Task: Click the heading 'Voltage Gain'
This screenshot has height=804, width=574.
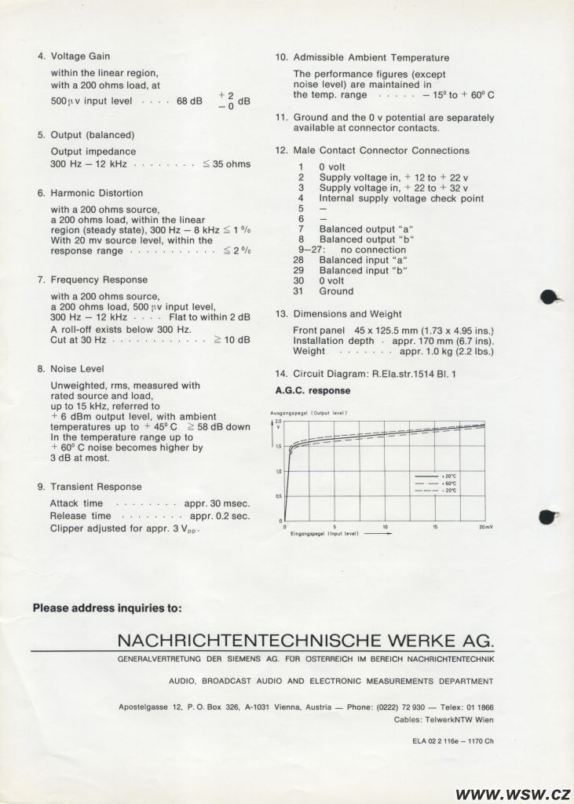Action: [80, 57]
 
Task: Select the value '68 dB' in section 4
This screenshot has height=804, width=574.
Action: [189, 101]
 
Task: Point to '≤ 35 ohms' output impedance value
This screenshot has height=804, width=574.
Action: [226, 164]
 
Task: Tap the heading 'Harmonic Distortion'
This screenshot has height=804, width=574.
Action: [97, 193]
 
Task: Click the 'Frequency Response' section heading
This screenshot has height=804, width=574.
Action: [99, 280]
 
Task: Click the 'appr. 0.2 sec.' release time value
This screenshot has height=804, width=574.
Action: [220, 516]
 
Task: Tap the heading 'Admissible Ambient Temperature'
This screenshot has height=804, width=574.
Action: [371, 57]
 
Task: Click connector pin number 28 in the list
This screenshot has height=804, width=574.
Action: [298, 260]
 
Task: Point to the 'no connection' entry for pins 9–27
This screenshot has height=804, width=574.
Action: [373, 250]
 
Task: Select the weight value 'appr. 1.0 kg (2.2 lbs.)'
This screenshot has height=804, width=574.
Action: [447, 351]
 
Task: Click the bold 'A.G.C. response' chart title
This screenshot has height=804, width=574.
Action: [313, 390]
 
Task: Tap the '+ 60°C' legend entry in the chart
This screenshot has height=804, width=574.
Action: [450, 483]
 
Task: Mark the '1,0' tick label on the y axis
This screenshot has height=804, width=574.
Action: [278, 471]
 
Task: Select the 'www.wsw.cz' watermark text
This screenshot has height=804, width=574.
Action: [513, 792]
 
